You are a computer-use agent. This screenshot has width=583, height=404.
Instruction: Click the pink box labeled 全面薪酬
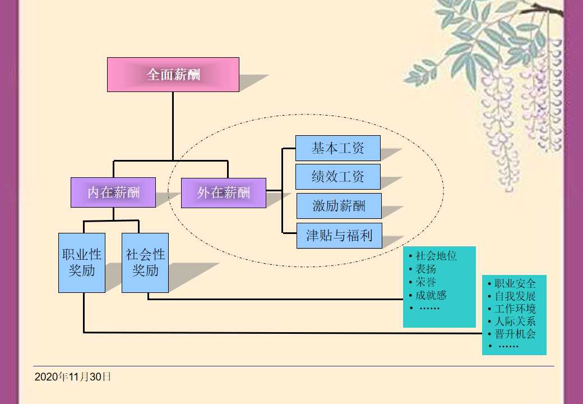pyautogui.click(x=173, y=74)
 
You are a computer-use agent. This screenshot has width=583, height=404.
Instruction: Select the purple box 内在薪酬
pyautogui.click(x=113, y=192)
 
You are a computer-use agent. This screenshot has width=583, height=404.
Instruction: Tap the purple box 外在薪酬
pyautogui.click(x=224, y=193)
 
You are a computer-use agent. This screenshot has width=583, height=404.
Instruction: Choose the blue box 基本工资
pyautogui.click(x=338, y=148)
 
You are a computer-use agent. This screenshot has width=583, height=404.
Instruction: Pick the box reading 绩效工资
pyautogui.click(x=338, y=177)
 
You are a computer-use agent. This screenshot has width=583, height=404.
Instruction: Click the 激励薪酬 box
pyautogui.click(x=339, y=206)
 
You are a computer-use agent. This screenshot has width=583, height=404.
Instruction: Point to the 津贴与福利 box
pyautogui.click(x=339, y=235)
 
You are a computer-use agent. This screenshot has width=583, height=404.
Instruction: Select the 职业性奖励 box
pyautogui.click(x=82, y=263)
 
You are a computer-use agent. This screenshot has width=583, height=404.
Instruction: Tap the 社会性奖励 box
pyautogui.click(x=145, y=263)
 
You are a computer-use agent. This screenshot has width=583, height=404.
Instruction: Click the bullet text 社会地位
pyautogui.click(x=436, y=256)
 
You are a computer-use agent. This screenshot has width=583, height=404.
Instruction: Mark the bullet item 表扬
pyautogui.click(x=426, y=269)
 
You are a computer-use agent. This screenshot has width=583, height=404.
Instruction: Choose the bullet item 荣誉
pyautogui.click(x=426, y=282)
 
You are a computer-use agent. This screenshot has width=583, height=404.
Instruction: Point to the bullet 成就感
pyautogui.click(x=431, y=295)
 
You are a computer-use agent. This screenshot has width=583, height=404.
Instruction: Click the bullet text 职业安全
pyautogui.click(x=515, y=283)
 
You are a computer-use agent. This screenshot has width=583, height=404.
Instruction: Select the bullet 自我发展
pyautogui.click(x=515, y=296)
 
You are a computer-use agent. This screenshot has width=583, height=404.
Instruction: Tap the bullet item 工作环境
pyautogui.click(x=515, y=309)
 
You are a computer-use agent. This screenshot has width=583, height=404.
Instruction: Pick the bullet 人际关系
pyautogui.click(x=515, y=322)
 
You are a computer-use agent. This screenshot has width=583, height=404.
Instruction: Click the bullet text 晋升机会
pyautogui.click(x=515, y=334)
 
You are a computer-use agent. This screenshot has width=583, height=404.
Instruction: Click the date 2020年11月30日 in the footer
pyautogui.click(x=73, y=377)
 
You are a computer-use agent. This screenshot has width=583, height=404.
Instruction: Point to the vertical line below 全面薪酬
pyautogui.click(x=173, y=126)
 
